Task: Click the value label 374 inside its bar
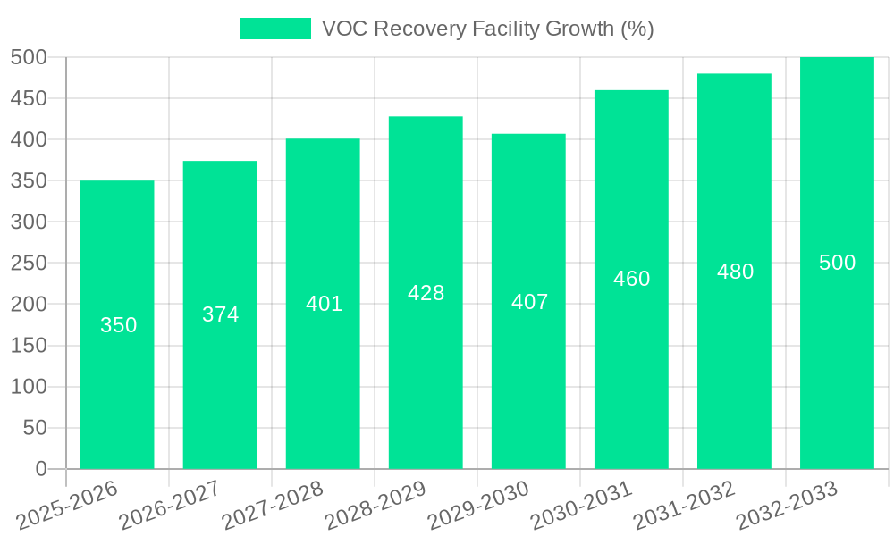tap(220, 314)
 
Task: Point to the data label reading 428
tap(426, 293)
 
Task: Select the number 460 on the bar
tap(631, 279)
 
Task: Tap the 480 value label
tap(735, 272)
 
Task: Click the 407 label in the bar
tap(529, 302)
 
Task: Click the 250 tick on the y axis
tap(29, 264)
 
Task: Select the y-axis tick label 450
tap(29, 98)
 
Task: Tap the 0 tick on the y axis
tap(40, 469)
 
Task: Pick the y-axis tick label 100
tap(29, 387)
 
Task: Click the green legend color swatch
tap(275, 29)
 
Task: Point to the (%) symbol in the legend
tap(637, 29)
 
